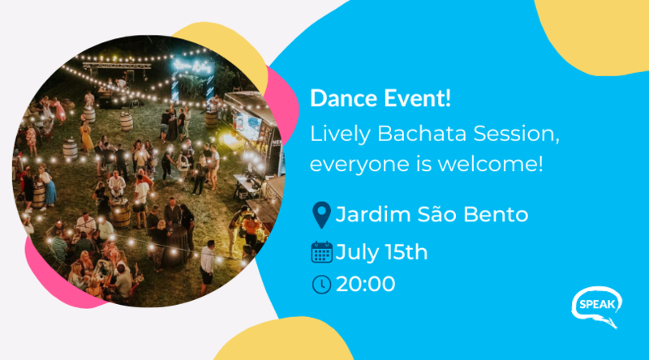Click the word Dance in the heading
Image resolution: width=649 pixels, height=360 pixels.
click(343, 98)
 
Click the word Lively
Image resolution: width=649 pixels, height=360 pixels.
click(340, 135)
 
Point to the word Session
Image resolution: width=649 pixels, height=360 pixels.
click(516, 135)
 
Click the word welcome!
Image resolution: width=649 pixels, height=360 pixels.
click(490, 164)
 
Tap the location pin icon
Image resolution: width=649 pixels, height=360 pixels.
click(321, 215)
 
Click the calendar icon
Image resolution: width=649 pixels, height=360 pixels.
click(321, 252)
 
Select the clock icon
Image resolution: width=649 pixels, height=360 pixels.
click(321, 285)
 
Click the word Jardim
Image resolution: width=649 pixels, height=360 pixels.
click(372, 214)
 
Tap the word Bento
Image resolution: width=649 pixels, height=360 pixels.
click(496, 214)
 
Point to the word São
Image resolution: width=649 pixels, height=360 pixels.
click(436, 213)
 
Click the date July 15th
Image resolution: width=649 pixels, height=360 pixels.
click(381, 252)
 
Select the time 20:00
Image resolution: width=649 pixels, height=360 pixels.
click(366, 285)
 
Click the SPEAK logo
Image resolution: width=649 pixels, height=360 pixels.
click(597, 306)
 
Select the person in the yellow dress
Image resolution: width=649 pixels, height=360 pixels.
click(86, 136)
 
